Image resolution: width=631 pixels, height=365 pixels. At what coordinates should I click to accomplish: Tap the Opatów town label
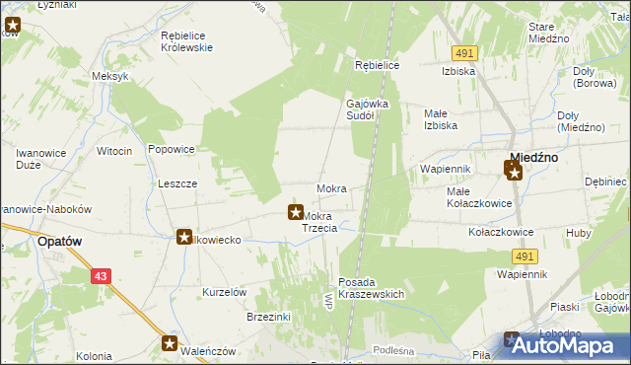coord(58,240)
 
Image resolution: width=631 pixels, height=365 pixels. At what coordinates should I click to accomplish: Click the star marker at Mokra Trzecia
coord(294,211)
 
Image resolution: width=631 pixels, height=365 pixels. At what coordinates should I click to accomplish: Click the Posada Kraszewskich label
coord(372,288)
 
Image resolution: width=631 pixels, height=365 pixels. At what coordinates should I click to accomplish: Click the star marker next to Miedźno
coord(513,172)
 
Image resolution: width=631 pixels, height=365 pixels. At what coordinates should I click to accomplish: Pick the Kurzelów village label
coord(224,292)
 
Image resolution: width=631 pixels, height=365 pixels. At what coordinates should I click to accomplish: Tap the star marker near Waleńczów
coord(171,344)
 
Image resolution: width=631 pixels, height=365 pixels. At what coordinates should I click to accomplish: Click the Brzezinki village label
coord(268,317)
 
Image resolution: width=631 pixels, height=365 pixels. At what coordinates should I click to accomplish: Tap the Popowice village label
coord(171,150)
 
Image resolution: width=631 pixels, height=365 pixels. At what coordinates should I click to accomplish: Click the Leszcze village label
coord(177,183)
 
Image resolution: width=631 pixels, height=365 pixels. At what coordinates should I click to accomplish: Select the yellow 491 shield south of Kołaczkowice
coord(524,256)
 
